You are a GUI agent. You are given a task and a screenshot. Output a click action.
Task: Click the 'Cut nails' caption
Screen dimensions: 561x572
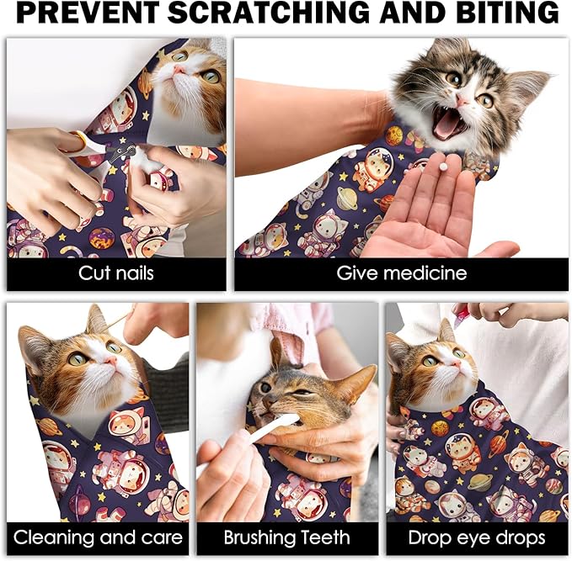coord(116,273)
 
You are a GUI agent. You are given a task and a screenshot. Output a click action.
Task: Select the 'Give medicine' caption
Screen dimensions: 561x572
coord(401,273)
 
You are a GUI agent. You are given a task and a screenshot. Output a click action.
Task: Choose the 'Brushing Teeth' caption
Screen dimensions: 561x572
coord(286,537)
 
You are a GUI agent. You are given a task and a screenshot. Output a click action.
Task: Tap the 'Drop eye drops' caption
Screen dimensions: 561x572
coord(477,537)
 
